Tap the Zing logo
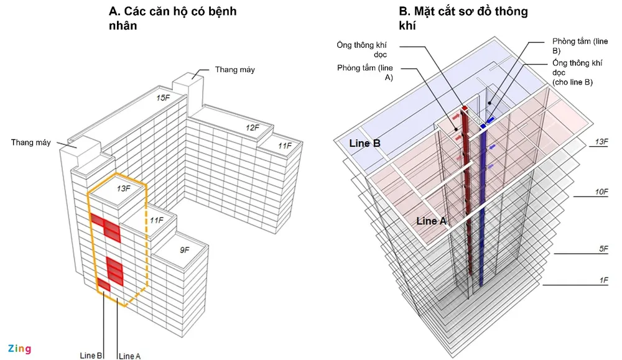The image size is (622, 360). coord(19,348)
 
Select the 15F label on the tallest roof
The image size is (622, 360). coord(162,98)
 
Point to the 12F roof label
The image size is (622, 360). coord(252,127)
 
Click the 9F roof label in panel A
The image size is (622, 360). coord(185,250)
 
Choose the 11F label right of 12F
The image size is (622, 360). coord(284,145)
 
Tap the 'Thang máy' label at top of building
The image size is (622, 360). coord(234,70)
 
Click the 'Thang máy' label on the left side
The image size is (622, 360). coord(30,142)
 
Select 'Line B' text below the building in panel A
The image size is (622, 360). coord(91,356)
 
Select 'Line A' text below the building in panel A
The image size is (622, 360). coord(129,356)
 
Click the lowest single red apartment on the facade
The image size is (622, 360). coord(103,285)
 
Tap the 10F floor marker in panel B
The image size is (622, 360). coord(601,192)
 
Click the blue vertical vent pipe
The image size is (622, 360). coord(482,205)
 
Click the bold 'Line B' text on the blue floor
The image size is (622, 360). coord(364,143)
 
